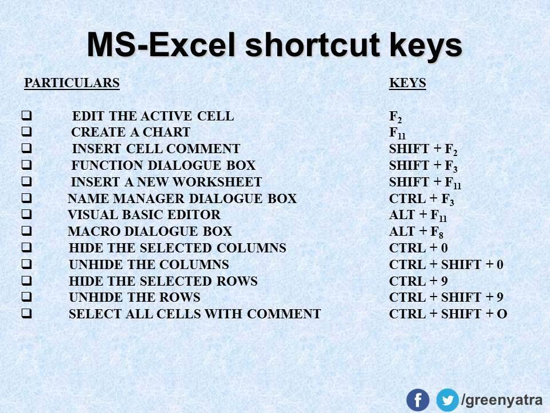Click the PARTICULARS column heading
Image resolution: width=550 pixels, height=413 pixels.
(72, 83)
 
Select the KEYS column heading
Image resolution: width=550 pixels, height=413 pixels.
(407, 83)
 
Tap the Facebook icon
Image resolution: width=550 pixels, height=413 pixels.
(418, 400)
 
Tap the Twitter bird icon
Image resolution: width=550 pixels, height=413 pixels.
(447, 400)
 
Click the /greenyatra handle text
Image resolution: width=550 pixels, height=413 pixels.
(502, 400)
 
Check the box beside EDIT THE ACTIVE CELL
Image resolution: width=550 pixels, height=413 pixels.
(27, 115)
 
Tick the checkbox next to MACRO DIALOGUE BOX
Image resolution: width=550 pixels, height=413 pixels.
(27, 231)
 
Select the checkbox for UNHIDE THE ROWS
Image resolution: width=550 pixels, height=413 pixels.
(27, 297)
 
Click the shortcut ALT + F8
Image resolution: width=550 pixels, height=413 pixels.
(417, 232)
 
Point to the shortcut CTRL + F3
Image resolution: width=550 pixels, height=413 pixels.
(422, 199)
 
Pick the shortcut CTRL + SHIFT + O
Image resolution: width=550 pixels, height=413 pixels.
(448, 314)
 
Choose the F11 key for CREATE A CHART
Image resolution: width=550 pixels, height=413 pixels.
(398, 133)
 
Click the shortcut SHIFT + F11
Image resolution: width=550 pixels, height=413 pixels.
(425, 182)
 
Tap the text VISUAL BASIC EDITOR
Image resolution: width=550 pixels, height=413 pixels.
(144, 215)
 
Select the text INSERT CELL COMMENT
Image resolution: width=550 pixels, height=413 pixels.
(156, 149)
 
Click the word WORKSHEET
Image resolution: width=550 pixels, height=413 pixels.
(218, 182)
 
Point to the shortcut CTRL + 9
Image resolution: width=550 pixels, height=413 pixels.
(418, 281)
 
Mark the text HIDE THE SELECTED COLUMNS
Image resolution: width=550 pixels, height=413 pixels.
(178, 248)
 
